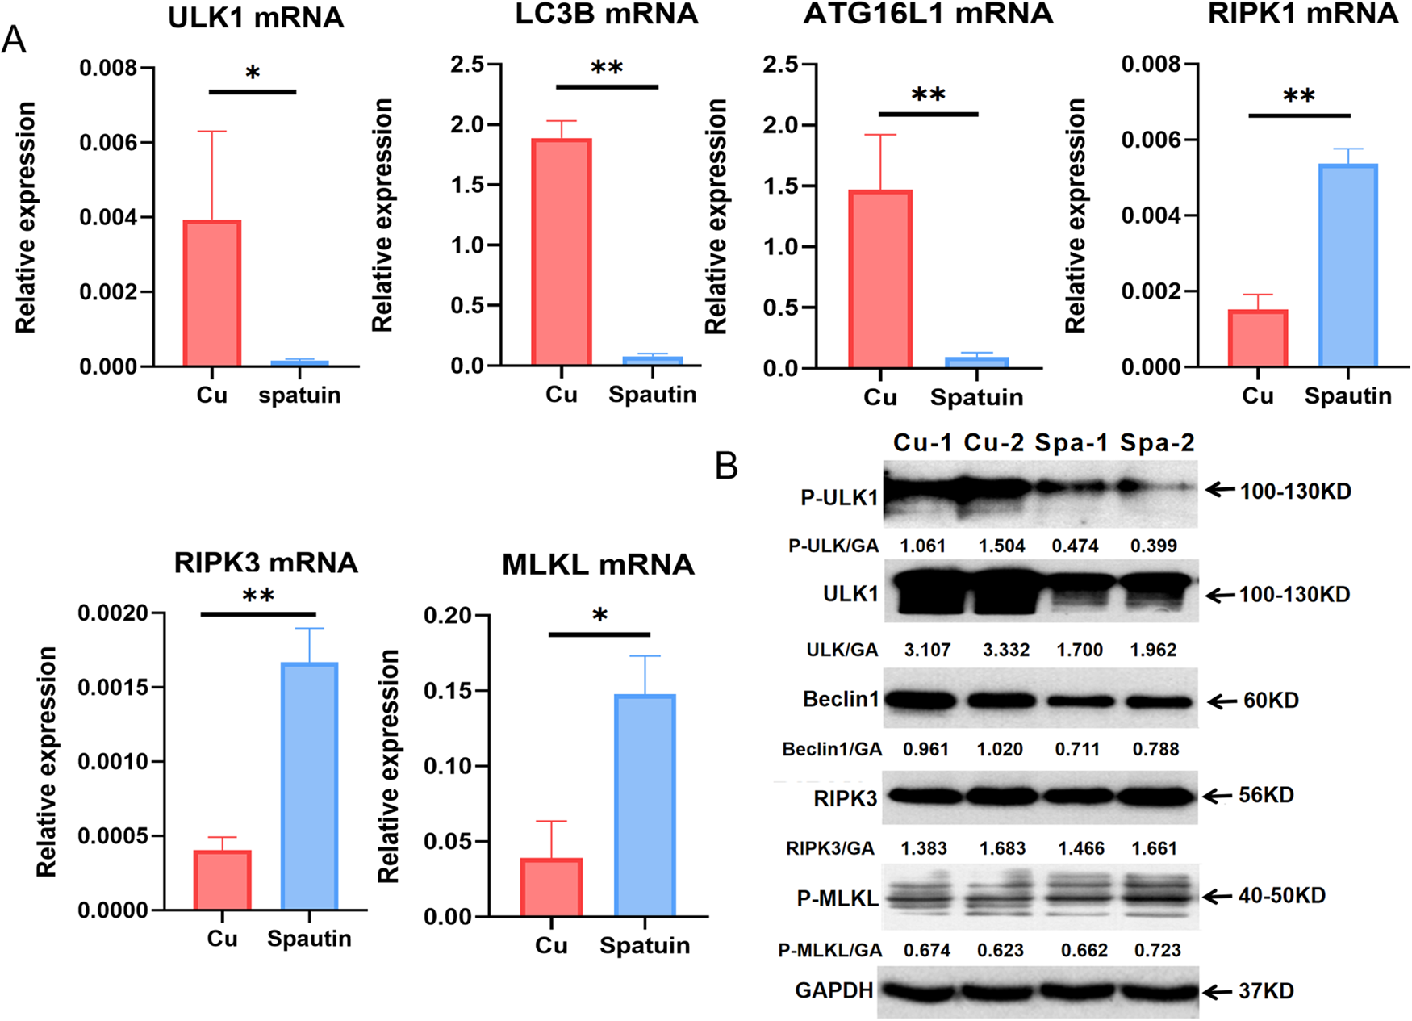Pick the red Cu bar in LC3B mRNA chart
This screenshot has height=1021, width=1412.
(x=562, y=252)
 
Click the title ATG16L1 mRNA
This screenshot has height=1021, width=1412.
(x=928, y=14)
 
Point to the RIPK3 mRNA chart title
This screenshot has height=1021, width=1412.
(x=265, y=563)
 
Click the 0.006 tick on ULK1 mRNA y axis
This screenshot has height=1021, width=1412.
(x=108, y=143)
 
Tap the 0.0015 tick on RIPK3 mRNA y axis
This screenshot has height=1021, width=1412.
(x=113, y=688)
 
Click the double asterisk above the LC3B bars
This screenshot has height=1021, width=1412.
(x=607, y=68)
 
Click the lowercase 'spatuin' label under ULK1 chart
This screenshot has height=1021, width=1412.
(x=299, y=395)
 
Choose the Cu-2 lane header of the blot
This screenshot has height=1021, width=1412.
(x=993, y=442)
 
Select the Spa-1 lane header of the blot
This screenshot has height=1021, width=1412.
(x=1071, y=442)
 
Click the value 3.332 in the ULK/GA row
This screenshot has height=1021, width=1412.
(x=1005, y=650)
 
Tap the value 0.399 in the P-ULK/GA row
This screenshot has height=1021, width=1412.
(x=1153, y=546)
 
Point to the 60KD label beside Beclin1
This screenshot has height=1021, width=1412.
(x=1271, y=701)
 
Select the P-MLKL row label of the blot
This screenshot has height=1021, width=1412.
(x=838, y=898)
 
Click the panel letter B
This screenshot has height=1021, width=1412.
(x=726, y=466)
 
